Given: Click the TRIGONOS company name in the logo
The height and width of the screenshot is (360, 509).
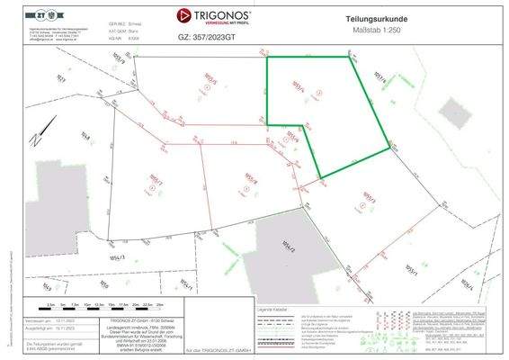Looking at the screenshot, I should (x=219, y=13).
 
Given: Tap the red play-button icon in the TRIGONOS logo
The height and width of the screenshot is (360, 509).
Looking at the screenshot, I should (x=184, y=15).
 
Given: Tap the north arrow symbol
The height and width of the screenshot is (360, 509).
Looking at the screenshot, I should (x=33, y=139).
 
